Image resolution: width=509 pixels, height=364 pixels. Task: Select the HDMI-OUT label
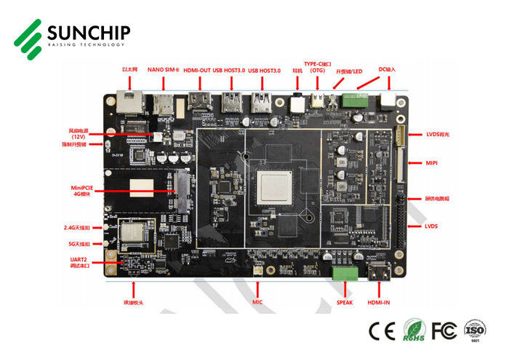coord(196,71)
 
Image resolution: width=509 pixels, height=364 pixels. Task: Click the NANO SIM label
coord(161,71)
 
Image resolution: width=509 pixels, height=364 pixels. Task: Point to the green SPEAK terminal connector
coord(344,274)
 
